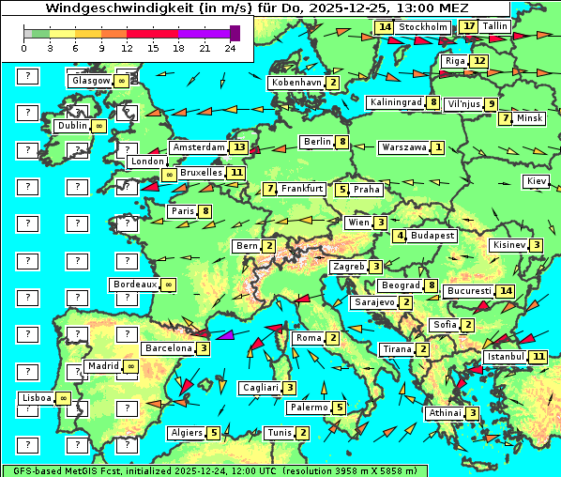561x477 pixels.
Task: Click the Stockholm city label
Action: (422, 27)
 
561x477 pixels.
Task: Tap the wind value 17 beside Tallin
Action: (469, 26)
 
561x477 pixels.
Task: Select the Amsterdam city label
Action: (199, 147)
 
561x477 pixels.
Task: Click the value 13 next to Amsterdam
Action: (239, 147)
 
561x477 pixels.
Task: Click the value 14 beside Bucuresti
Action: (507, 291)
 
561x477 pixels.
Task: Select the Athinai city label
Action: (445, 413)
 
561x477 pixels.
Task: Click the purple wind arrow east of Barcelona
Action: (225, 334)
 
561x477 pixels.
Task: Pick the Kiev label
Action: (537, 181)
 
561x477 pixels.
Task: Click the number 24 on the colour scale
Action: (230, 48)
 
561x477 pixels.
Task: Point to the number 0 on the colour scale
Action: (24, 48)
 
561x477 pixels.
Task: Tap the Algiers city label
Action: (187, 433)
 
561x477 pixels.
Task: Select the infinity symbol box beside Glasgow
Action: (122, 82)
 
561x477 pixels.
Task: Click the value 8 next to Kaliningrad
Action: (432, 102)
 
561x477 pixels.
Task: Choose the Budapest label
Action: (432, 236)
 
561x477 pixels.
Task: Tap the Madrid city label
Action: (102, 366)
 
